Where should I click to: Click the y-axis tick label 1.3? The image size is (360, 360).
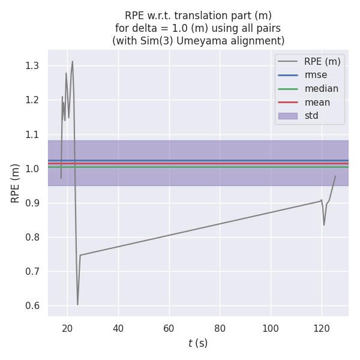(x=32, y=66)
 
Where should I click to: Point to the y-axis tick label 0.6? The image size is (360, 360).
(x=32, y=306)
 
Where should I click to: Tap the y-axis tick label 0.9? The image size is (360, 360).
(x=32, y=203)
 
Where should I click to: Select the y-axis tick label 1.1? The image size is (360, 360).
(x=32, y=134)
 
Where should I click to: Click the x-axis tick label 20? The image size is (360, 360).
(x=67, y=328)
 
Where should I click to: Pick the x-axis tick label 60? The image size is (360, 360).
(x=169, y=328)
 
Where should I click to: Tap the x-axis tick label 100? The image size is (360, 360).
(x=271, y=328)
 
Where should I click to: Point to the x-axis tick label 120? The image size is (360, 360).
(x=322, y=328)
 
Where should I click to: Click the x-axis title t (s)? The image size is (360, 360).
(x=198, y=343)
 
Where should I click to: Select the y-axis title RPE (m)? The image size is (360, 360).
(x=16, y=183)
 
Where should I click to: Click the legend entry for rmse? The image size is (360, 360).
(x=316, y=75)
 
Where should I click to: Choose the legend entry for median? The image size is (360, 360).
(x=321, y=89)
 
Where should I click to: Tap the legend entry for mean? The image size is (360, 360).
(x=317, y=103)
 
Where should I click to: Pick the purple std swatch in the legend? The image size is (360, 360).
(x=287, y=116)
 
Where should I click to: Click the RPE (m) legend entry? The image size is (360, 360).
(x=322, y=61)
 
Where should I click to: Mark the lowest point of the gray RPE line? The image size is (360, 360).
(x=77, y=305)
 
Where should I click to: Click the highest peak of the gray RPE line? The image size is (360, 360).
(x=73, y=61)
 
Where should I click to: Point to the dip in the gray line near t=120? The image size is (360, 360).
(x=324, y=225)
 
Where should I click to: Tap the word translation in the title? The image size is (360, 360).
(x=196, y=16)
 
